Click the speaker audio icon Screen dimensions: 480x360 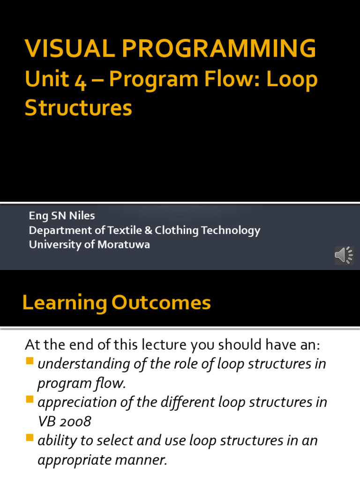pos(344,255)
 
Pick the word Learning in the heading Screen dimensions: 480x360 pos(65,303)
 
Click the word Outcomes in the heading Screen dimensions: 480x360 pos(161,303)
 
